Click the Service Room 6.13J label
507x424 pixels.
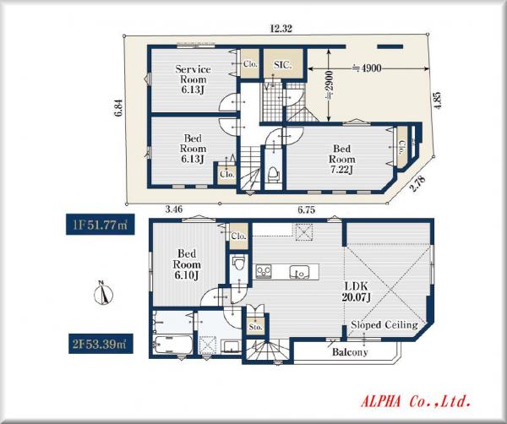coord(193,79)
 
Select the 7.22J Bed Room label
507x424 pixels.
coord(341,159)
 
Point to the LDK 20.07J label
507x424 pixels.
coord(356,291)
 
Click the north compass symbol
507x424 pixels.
coord(103,293)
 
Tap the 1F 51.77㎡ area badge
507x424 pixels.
coord(101,225)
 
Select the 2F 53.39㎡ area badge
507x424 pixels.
coord(101,344)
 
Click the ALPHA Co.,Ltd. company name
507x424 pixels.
coord(416,401)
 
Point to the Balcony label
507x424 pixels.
coord(350,352)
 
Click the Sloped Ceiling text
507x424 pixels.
coord(384,324)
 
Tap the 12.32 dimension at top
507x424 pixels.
coord(281,29)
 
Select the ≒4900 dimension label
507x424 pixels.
coord(367,68)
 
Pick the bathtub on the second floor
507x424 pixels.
coord(173,345)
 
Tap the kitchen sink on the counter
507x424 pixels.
coord(299,272)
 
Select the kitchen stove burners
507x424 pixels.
coord(264,271)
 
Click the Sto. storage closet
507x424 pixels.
coord(255,326)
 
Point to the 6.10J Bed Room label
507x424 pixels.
coord(187,264)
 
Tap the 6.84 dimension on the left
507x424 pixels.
coord(119,107)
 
